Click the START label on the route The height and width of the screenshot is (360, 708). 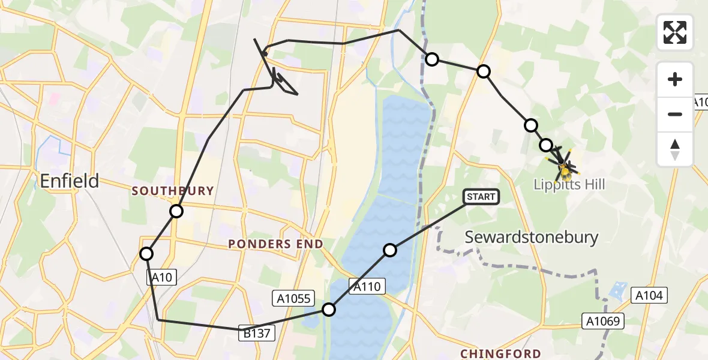coord(481,197)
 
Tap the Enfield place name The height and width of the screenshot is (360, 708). coord(70,181)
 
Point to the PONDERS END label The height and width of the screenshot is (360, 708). coord(275,244)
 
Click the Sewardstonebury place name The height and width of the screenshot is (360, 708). coord(532,237)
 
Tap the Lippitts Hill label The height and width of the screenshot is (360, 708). coord(569,184)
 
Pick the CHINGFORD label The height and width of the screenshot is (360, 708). coord(500,354)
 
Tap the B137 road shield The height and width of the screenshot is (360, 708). coord(258,334)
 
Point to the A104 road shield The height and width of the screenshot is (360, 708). coord(649,295)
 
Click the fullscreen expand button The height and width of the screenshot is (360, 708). coord(675,32)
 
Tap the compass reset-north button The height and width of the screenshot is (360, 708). coord(675,149)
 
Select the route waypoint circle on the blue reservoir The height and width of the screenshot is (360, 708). coord(390,250)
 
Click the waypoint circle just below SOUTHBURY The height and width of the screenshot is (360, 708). coord(176,211)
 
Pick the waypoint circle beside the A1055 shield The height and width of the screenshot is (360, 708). coord(329,310)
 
